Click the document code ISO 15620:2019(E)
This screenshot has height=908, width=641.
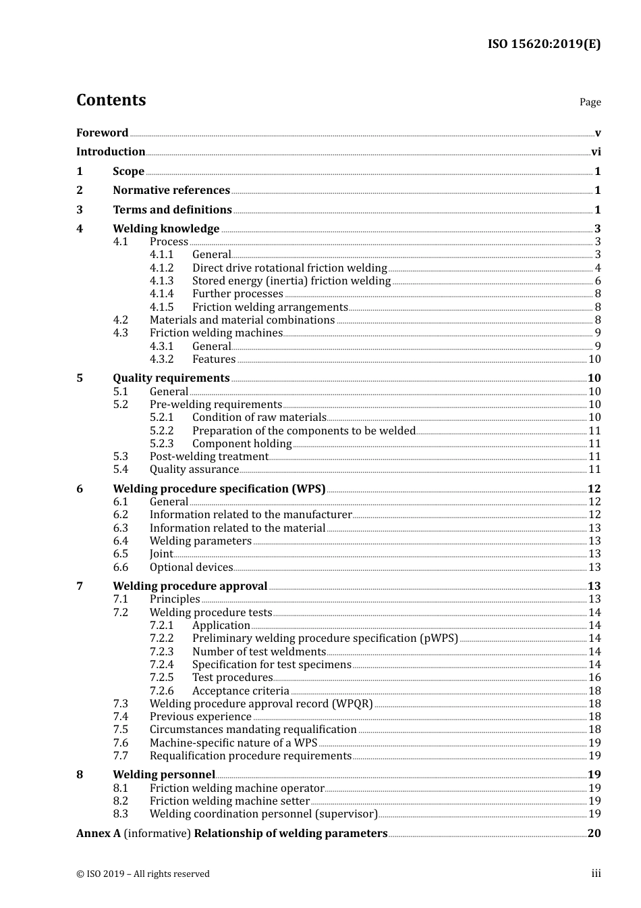544,44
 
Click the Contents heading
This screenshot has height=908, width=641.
111,100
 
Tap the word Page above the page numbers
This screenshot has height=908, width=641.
590,102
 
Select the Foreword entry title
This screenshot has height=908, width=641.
102,132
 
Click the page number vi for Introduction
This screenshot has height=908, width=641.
596,152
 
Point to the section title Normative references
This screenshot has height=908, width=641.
171,191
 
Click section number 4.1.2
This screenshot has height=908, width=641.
161,268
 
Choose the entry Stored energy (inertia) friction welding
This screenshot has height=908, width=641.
291,281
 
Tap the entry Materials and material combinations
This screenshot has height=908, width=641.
242,320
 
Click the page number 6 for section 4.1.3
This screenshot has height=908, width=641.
598,281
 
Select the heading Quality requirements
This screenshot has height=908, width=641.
171,378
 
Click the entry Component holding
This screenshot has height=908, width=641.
242,444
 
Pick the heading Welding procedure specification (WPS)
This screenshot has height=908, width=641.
219,489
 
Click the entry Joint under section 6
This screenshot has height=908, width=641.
161,554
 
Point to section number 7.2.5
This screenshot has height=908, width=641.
161,678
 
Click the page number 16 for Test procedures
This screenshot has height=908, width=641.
594,678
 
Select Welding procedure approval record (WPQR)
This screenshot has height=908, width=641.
261,704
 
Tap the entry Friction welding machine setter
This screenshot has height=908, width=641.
229,801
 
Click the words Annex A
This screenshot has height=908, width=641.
99,834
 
